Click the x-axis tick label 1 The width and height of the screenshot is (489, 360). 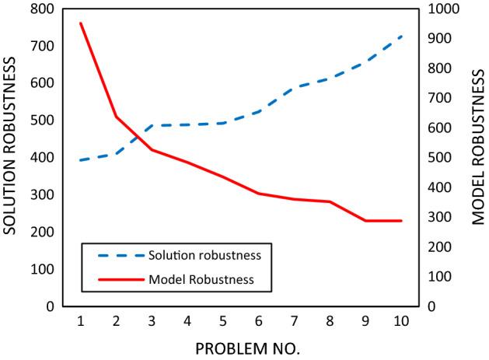point(80,321)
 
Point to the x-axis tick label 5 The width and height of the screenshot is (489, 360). point(223,321)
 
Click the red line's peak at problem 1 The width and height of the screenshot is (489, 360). point(80,23)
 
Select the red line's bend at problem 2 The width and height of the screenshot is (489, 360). point(116,117)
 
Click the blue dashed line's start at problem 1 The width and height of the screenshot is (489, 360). point(80,160)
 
